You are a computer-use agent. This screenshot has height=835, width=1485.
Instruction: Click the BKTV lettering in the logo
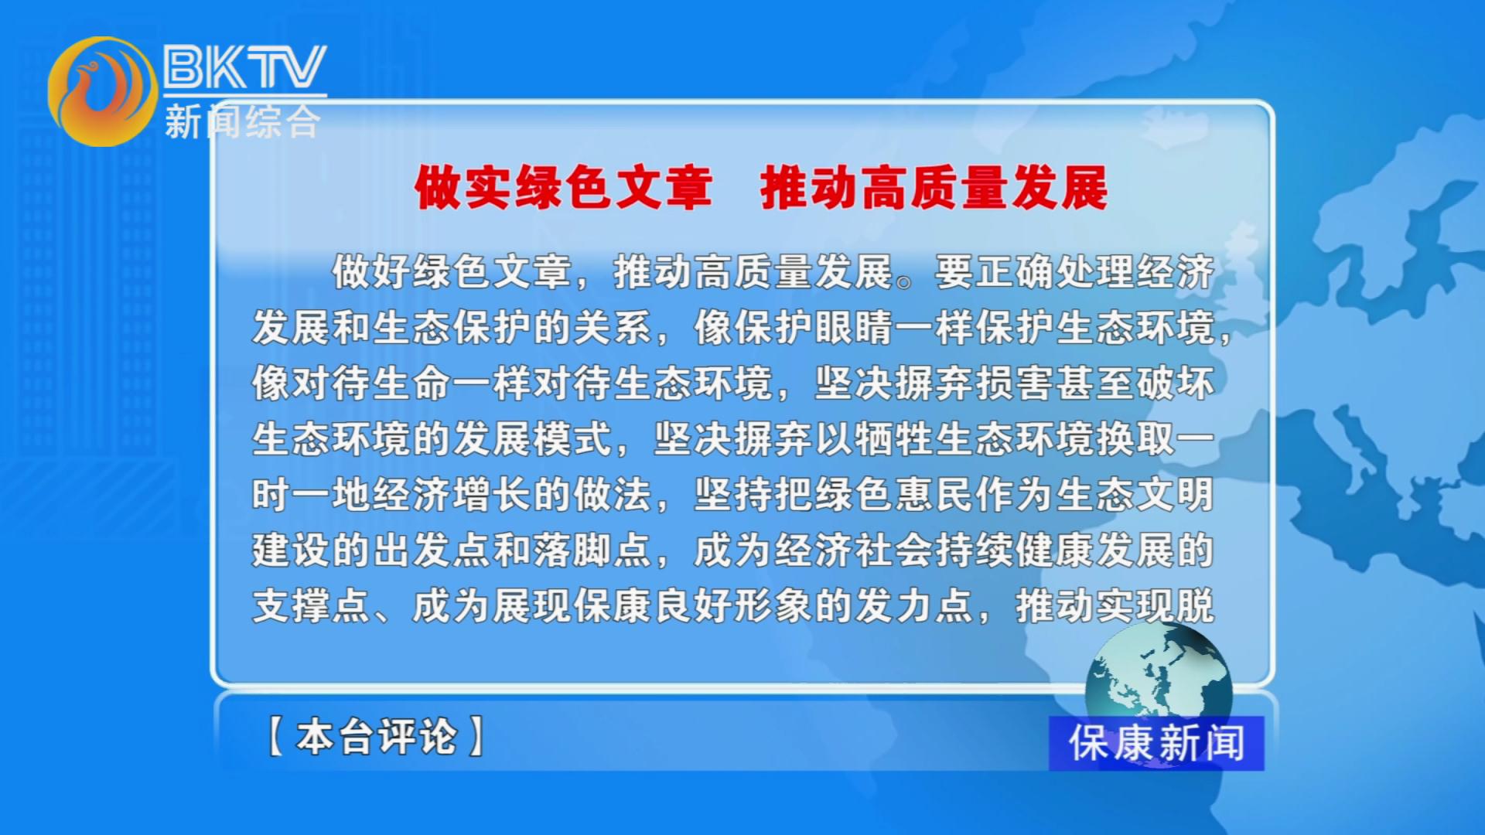pyautogui.click(x=244, y=66)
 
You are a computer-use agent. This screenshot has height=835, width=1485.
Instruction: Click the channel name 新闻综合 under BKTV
pyautogui.click(x=242, y=122)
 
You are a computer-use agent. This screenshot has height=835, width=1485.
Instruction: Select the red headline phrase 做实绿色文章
pyautogui.click(x=563, y=188)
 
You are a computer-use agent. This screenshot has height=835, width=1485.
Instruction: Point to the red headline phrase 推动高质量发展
pyautogui.click(x=934, y=188)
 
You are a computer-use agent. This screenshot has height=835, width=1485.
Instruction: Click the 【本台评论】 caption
pyautogui.click(x=377, y=736)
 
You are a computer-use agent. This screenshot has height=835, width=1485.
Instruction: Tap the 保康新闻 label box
pyautogui.click(x=1156, y=743)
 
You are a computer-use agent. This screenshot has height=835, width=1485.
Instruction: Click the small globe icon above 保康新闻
pyautogui.click(x=1158, y=674)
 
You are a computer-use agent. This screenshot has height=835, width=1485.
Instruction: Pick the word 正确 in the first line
pyautogui.click(x=1015, y=272)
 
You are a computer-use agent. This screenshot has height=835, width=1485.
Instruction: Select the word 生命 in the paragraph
pyautogui.click(x=411, y=383)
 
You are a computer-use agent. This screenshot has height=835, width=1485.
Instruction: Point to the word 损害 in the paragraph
pyautogui.click(x=1015, y=383)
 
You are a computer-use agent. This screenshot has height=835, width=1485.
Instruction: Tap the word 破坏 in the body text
pyautogui.click(x=1176, y=383)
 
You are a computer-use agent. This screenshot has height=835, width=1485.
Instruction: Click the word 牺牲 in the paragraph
pyautogui.click(x=895, y=439)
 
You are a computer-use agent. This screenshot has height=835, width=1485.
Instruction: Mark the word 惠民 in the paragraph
pyautogui.click(x=934, y=495)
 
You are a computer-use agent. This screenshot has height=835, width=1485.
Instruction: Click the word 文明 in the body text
pyautogui.click(x=1176, y=495)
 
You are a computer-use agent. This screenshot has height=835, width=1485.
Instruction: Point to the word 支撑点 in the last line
pyautogui.click(x=312, y=606)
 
